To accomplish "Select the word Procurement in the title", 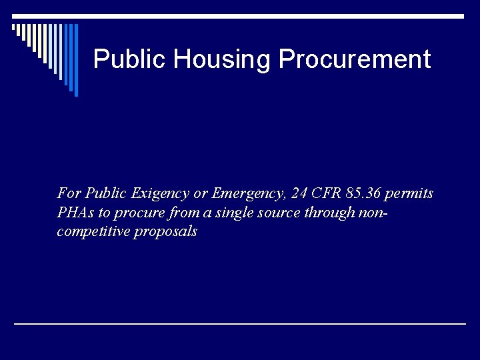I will click(x=354, y=59).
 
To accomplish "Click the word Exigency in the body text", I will click(x=161, y=194).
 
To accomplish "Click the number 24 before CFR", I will click(x=300, y=194).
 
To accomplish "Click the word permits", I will click(x=409, y=194).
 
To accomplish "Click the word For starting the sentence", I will click(x=69, y=194).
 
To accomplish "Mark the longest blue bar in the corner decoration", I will click(x=76, y=60).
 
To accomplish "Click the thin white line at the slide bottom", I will click(x=240, y=323).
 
